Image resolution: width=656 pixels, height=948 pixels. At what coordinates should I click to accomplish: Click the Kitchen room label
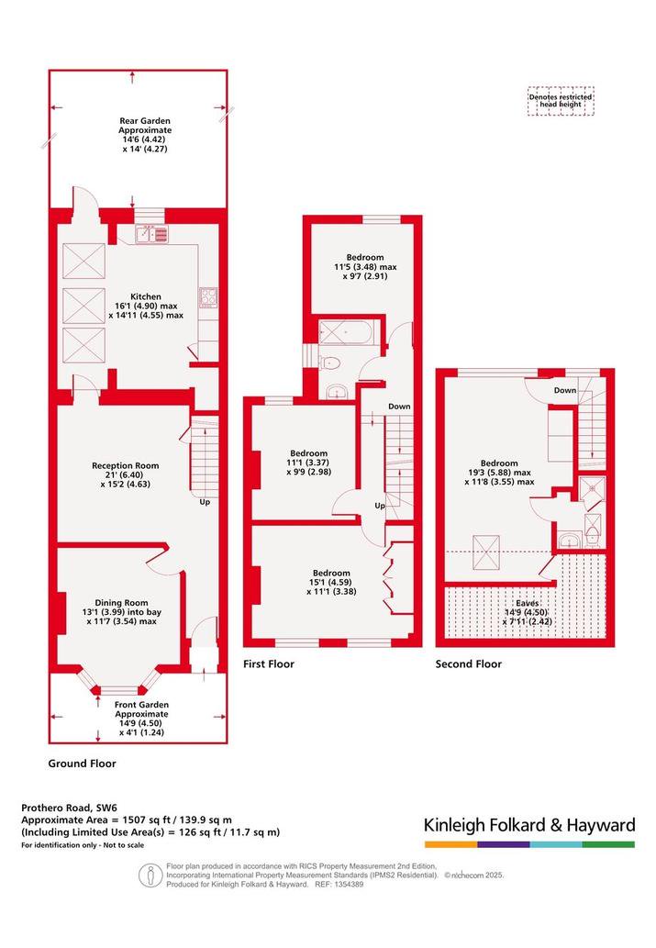[x=146, y=296]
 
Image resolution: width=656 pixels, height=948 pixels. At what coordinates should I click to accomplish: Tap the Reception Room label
[x=125, y=465]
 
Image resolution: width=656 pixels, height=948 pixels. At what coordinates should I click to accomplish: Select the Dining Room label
[x=121, y=603]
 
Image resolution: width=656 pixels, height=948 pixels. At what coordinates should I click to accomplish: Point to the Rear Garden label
[x=145, y=121]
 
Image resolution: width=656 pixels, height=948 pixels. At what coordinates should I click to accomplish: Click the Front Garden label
[x=141, y=705]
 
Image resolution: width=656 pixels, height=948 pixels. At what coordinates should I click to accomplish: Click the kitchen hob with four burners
[x=208, y=296]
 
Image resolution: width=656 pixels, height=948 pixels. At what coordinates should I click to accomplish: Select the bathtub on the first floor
[x=350, y=333]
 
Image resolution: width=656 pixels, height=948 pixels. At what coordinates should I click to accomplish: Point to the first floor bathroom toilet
[x=330, y=362]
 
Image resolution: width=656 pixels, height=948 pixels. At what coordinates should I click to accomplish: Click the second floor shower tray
[x=592, y=488]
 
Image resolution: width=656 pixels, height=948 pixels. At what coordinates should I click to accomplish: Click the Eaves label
[x=528, y=603]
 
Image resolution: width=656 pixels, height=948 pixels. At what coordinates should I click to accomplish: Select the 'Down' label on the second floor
[x=565, y=391]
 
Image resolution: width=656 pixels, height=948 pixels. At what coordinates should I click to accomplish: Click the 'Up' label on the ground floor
[x=205, y=502]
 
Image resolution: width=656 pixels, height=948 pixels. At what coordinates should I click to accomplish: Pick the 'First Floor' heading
[x=269, y=664]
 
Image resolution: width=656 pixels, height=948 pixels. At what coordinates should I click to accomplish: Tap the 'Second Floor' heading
[x=469, y=664]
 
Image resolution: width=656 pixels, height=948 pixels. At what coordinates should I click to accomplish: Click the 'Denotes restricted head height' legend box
[x=561, y=101]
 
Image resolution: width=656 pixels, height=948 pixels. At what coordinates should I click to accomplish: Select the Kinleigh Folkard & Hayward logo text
[x=529, y=825]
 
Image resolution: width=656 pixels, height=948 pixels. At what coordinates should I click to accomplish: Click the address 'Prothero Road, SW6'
[x=70, y=808]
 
